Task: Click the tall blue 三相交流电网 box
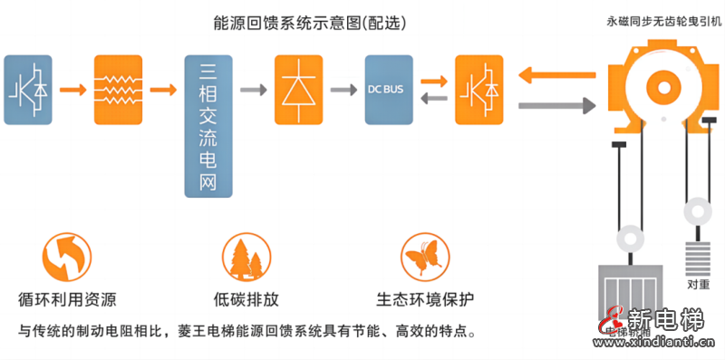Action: point(208,126)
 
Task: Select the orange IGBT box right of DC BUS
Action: point(479,89)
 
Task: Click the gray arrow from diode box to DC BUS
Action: point(343,89)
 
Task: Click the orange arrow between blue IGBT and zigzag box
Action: point(73,89)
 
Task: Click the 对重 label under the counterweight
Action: point(697,285)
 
